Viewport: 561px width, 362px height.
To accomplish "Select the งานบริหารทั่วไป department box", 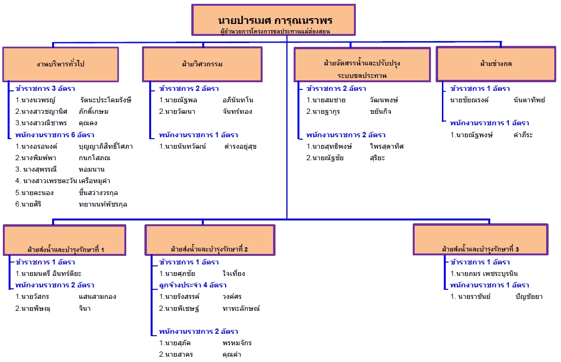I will pos(60,64).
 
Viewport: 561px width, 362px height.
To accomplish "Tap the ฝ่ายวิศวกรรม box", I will pos(202,64).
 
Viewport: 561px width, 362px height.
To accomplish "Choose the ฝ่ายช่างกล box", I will pos(495,64).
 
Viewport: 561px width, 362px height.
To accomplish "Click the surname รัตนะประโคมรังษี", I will pos(106,100).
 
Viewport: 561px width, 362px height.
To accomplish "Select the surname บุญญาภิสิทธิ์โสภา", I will pos(106,146).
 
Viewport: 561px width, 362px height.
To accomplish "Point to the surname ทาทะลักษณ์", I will pos(241,308).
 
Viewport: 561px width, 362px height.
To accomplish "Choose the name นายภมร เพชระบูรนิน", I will pos(484,274).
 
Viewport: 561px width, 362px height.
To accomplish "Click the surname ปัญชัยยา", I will pos(529,296).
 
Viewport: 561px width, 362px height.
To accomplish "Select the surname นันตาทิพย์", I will pos(528,100).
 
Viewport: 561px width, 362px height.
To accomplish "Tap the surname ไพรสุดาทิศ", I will pos(386,146).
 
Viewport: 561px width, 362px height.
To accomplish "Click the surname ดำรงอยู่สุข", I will pos(240,146).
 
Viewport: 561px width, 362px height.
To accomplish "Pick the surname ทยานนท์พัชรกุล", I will pos(103,204).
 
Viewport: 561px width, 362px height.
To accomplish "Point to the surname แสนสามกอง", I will pos(97,296).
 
